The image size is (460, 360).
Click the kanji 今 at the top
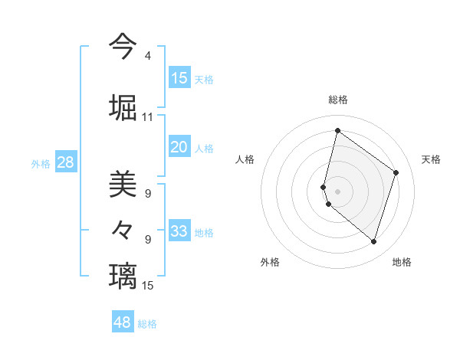pyautogui.click(x=123, y=45)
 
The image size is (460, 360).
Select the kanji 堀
pyautogui.click(x=123, y=106)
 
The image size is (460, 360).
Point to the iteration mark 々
pyautogui.click(x=123, y=229)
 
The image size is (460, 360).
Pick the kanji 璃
pyautogui.click(x=123, y=275)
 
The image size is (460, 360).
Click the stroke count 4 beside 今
pyautogui.click(x=147, y=56)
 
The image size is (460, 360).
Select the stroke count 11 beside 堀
pyautogui.click(x=147, y=117)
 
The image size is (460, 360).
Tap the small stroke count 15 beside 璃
pyautogui.click(x=147, y=286)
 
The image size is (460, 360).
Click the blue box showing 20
pyautogui.click(x=179, y=147)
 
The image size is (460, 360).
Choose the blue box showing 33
pyautogui.click(x=179, y=231)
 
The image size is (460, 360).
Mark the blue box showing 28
pyautogui.click(x=66, y=162)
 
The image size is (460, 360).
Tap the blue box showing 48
pyautogui.click(x=123, y=322)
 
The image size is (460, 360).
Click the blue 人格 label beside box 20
pyautogui.click(x=204, y=148)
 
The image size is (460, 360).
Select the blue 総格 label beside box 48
pyautogui.click(x=147, y=324)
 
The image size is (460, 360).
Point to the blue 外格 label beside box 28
pyautogui.click(x=41, y=163)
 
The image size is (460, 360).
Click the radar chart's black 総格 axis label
pyautogui.click(x=338, y=100)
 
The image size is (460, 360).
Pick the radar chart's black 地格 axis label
pyautogui.click(x=402, y=262)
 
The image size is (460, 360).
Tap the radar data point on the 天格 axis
pyautogui.click(x=396, y=172)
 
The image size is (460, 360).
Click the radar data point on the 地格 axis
pyautogui.click(x=373, y=242)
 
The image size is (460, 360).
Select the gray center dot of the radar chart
pyautogui.click(x=338, y=191)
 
